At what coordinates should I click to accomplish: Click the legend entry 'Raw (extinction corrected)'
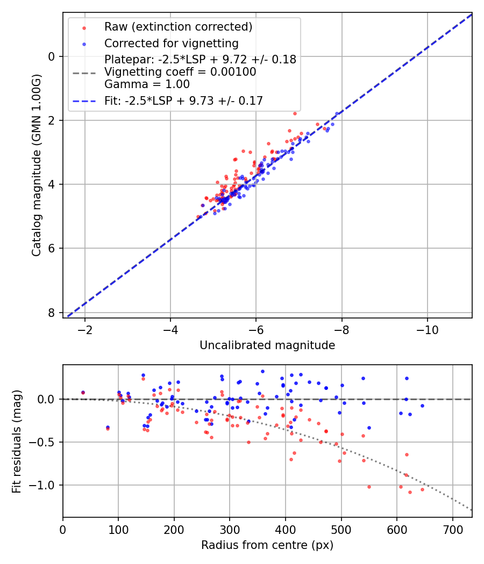(x=178, y=27)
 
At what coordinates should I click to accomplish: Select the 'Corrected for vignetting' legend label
(x=171, y=43)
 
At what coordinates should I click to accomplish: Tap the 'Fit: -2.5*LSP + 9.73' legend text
(x=183, y=101)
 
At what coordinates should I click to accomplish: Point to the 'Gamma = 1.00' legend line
(x=147, y=84)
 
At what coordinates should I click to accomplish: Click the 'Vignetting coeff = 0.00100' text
(x=180, y=72)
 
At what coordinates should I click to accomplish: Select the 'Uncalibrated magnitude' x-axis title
(x=267, y=345)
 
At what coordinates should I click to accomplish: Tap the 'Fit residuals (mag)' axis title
(x=17, y=440)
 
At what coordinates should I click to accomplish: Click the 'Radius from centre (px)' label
(x=267, y=545)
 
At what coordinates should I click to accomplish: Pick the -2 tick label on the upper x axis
(x=84, y=329)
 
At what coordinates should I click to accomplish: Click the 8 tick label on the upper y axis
(x=52, y=313)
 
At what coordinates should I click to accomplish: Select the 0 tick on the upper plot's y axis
(x=52, y=56)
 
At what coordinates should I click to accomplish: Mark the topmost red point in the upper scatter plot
(x=295, y=113)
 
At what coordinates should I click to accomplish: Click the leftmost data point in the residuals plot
(x=83, y=393)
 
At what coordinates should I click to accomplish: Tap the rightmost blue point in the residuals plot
(x=422, y=406)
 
